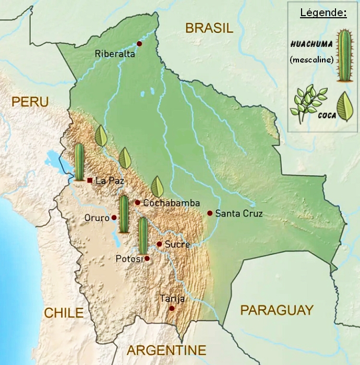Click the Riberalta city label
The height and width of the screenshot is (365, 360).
coord(115,54)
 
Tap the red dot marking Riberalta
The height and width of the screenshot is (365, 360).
coord(139,44)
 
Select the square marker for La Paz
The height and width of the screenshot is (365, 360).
coord(90,180)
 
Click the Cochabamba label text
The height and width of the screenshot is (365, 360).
coord(171,203)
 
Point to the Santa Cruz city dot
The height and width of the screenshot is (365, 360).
coord(210,213)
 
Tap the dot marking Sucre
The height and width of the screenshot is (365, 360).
coord(159,244)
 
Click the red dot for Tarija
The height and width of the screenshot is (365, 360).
coord(172,309)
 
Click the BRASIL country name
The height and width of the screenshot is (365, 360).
coord(209,29)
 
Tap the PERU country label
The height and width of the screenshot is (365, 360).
coord(30,101)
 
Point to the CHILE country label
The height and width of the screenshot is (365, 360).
coord(64,313)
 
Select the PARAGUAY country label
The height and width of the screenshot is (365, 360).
coord(277,310)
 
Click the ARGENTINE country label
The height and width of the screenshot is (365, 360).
coord(166,350)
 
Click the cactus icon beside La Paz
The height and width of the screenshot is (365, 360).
coord(79,162)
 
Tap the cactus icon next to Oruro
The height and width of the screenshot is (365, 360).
coord(124,214)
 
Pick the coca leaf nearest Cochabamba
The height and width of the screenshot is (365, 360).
coord(157,187)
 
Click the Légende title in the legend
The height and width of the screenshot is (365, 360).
coord(323,13)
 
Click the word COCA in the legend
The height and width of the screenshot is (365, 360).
coord(327,116)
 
